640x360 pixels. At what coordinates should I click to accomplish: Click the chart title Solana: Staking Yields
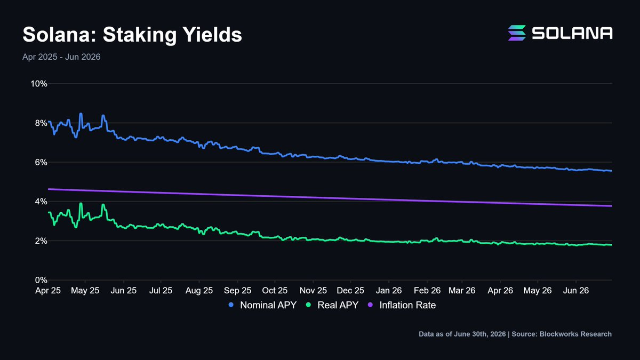pos(132,35)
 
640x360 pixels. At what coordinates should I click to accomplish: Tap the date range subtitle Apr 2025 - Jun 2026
pos(61,57)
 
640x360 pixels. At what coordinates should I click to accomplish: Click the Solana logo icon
pos(517,33)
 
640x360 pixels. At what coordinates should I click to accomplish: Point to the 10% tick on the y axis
pos(39,84)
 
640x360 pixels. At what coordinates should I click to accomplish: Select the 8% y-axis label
pos(41,123)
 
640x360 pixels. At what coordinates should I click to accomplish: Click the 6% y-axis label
pos(41,162)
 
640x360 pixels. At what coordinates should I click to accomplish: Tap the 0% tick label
pos(41,280)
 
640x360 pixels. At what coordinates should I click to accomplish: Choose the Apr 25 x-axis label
pos(48,291)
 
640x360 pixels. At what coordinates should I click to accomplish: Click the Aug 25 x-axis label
pos(199,291)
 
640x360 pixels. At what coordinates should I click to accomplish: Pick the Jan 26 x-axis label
pos(389,291)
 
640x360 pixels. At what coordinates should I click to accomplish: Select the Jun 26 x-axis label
pos(575,291)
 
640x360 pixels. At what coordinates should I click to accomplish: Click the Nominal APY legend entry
pos(262,305)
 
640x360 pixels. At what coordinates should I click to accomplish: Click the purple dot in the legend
pos(370,305)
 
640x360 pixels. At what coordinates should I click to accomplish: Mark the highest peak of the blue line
pos(81,114)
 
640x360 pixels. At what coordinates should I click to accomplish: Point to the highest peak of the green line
pos(81,203)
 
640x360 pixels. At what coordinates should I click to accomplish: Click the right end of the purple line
pos(611,206)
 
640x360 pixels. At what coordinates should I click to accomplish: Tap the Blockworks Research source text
pos(562,334)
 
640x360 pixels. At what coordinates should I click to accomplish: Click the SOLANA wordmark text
pos(572,33)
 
